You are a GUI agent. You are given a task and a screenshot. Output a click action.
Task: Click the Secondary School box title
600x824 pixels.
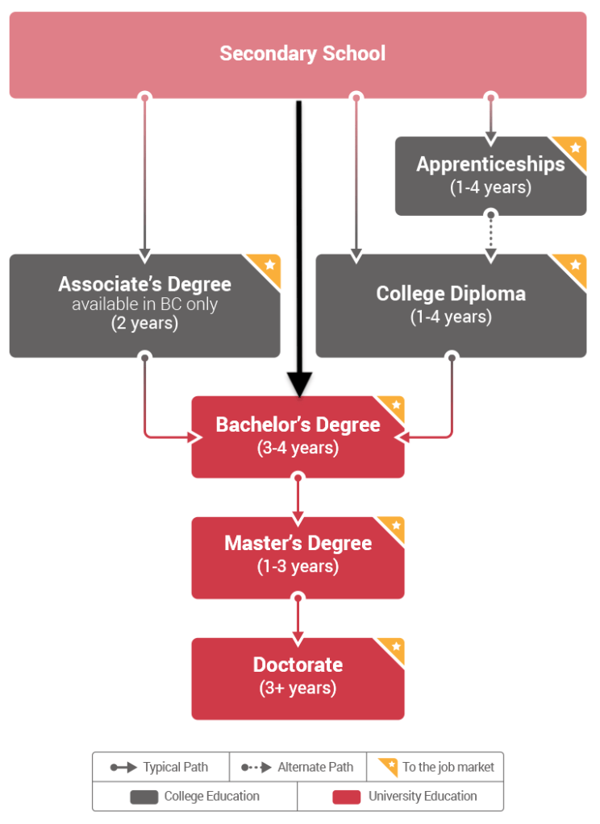point(302,54)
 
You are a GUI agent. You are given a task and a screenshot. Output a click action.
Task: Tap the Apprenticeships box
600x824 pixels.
point(490,176)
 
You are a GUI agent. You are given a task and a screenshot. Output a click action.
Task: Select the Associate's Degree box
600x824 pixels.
point(144,305)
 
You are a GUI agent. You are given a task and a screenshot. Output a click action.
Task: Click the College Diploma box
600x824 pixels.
point(451,305)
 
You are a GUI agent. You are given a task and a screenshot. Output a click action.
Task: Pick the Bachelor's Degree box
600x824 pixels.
point(298,437)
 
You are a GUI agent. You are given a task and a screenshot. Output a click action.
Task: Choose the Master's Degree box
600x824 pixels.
point(298,557)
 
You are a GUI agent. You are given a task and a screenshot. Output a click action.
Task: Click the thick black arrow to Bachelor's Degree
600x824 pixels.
point(298,242)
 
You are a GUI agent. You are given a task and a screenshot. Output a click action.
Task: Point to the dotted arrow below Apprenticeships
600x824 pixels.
point(490,236)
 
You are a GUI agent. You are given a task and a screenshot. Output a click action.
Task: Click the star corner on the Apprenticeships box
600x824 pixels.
point(575,148)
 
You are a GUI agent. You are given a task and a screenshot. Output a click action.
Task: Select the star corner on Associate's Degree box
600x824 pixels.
point(269,265)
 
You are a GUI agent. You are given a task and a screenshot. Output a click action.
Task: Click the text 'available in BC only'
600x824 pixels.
point(144,304)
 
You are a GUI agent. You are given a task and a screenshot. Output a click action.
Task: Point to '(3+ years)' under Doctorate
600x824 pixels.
point(298,689)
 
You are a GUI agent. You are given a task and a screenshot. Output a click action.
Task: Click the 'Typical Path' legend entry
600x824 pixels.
point(160,768)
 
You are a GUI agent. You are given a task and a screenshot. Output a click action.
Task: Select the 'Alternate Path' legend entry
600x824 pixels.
point(298,768)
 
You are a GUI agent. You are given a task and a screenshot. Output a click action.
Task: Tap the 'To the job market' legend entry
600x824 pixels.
point(435,767)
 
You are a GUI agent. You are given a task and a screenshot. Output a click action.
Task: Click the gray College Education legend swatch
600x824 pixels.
point(144,797)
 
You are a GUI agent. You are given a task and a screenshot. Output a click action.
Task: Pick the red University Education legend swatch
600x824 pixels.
point(347,797)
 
